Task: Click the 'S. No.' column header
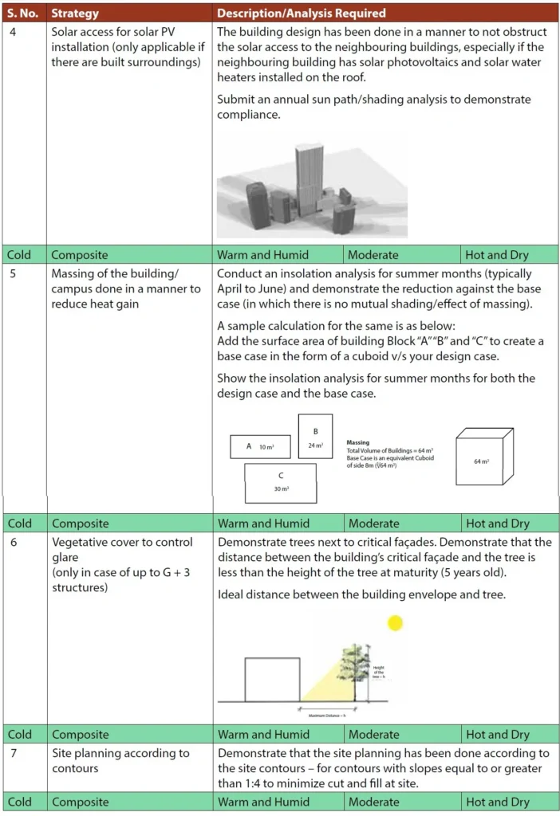click(22, 13)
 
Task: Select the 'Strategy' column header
click(75, 13)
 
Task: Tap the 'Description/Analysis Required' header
click(301, 13)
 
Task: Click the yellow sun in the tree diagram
click(393, 623)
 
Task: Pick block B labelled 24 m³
click(315, 437)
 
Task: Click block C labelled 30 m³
click(280, 483)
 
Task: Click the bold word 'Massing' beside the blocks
click(358, 442)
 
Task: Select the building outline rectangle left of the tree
click(272, 679)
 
